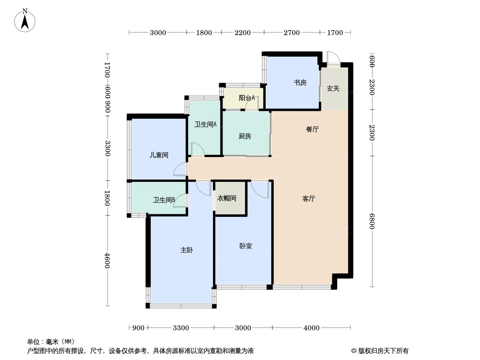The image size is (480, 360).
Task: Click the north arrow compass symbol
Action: [x=25, y=21]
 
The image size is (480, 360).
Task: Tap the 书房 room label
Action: [x=300, y=83]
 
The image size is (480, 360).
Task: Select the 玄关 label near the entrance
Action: [x=333, y=88]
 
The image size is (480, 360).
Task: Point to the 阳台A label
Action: [x=247, y=98]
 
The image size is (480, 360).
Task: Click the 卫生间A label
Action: [x=205, y=125]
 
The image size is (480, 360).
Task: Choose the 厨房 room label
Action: [x=245, y=136]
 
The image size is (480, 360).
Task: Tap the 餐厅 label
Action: [x=312, y=130]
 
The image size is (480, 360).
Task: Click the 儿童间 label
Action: [x=159, y=155]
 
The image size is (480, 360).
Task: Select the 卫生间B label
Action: [x=164, y=200]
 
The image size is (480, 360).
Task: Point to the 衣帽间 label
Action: [x=227, y=198]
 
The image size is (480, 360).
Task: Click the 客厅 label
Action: [x=308, y=199]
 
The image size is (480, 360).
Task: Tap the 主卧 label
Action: [x=187, y=250]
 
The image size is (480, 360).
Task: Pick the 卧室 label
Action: [x=245, y=246]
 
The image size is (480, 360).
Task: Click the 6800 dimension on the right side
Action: [x=372, y=221]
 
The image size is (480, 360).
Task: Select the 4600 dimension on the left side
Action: [x=107, y=260]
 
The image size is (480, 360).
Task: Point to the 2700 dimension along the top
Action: [x=292, y=32]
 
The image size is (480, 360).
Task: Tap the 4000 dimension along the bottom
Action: [x=312, y=328]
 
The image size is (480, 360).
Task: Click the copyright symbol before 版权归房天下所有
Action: [x=353, y=351]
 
